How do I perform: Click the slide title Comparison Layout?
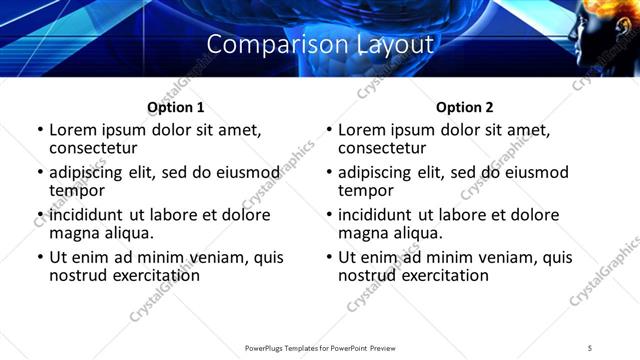coord(320,45)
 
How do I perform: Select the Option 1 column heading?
coord(175,107)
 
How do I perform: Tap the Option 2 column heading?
coord(464,107)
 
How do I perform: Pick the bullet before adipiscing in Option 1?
coord(41,172)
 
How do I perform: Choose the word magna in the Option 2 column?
coord(362,233)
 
